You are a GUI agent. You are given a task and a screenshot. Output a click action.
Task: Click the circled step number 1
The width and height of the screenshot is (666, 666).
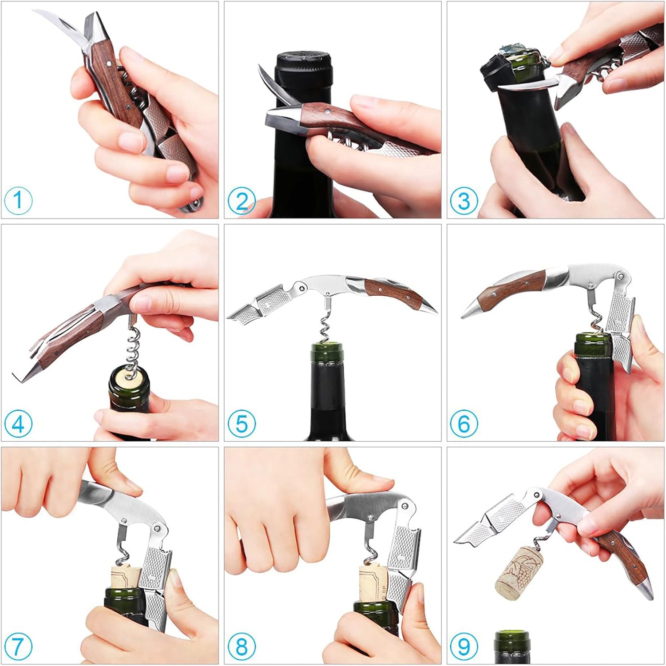[x=19, y=200]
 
